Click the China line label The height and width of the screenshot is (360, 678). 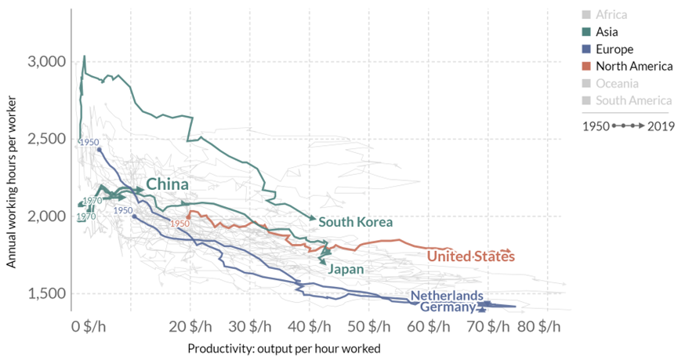pos(168,184)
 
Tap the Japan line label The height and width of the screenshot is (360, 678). pos(346,269)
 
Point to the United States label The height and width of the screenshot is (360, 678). pos(470,256)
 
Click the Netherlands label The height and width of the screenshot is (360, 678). pos(447,296)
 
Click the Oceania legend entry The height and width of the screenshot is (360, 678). pos(617,83)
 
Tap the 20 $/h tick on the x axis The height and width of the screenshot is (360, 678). pos(190,325)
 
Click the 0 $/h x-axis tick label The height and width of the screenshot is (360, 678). pos(87,325)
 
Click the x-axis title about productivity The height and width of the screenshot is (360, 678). pos(285,347)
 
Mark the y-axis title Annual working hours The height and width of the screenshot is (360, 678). pos(12,182)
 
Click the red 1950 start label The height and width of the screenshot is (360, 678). pos(180,224)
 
